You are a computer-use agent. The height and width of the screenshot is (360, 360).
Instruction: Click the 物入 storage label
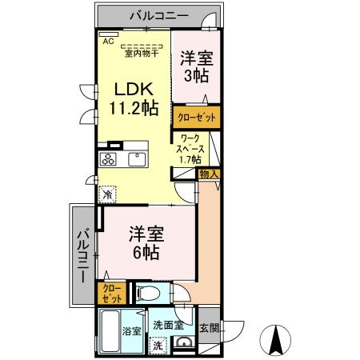point(210,174)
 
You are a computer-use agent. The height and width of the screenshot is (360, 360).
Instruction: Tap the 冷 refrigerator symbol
point(107,194)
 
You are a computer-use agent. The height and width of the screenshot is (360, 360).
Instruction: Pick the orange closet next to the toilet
point(106,292)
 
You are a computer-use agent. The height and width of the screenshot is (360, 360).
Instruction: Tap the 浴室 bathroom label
point(131,330)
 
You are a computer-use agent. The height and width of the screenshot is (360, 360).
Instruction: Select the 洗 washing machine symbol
point(158,346)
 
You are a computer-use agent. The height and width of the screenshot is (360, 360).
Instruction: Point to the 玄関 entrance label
point(209,327)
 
